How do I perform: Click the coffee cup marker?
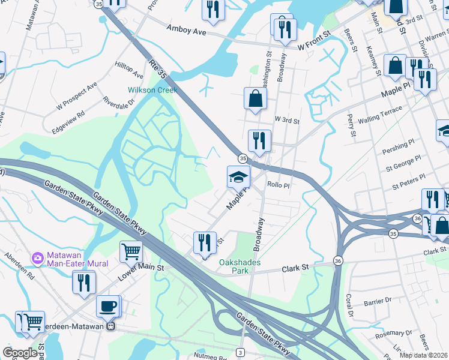point(108,307)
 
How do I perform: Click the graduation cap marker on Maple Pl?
point(238,177)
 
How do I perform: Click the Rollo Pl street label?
point(279,185)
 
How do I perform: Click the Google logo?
point(20,353)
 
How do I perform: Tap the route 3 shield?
point(240,352)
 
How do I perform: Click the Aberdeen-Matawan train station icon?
point(110,327)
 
